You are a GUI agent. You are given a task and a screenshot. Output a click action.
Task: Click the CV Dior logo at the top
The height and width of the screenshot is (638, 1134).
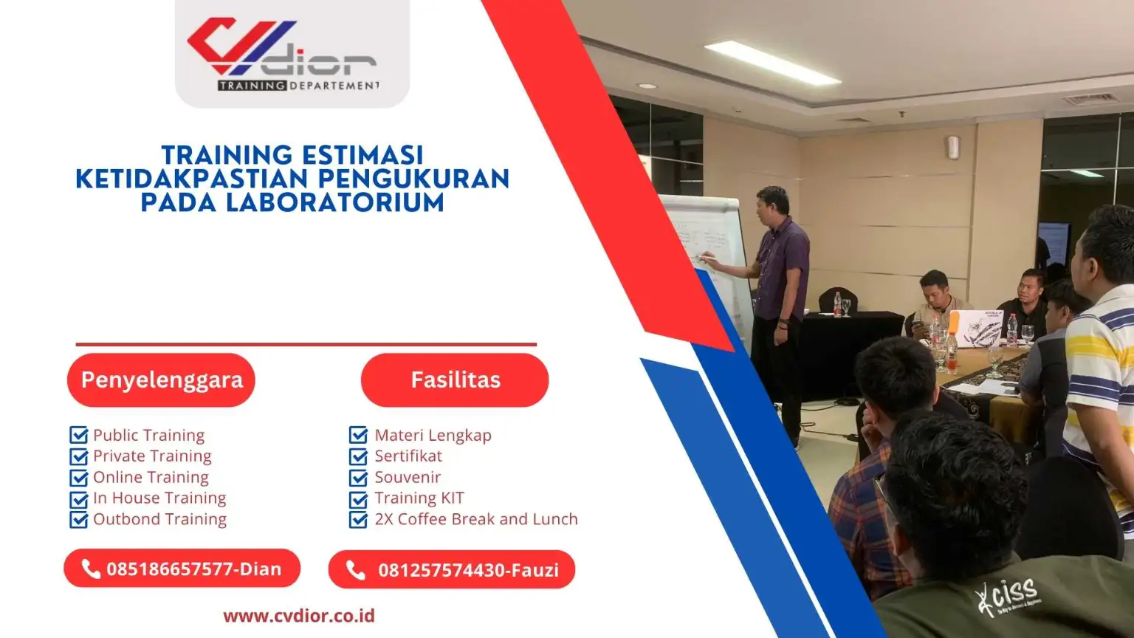click(x=291, y=54)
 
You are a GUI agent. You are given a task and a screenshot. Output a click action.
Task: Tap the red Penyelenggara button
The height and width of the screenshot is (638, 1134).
click(x=161, y=380)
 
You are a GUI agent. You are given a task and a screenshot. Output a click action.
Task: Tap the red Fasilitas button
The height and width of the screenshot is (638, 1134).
click(x=455, y=380)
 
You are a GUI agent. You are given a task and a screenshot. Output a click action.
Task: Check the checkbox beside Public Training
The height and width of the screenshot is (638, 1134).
click(x=79, y=436)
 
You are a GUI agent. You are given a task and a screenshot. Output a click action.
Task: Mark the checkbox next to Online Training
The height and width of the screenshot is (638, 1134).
click(x=79, y=478)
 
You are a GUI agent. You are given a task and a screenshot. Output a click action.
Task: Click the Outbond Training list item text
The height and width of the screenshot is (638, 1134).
click(x=159, y=519)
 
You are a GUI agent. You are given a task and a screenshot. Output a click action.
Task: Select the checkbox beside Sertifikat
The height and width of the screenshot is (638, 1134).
click(x=359, y=456)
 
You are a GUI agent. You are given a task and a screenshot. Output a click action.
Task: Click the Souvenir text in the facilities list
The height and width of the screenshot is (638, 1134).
click(x=408, y=477)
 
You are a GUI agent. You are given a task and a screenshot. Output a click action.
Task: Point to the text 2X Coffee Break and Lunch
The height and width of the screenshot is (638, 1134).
click(x=475, y=519)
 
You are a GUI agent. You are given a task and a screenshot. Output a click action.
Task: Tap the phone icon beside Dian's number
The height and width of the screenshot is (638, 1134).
click(x=91, y=569)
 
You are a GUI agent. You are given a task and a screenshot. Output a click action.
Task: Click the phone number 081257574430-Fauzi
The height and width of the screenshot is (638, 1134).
click(x=468, y=570)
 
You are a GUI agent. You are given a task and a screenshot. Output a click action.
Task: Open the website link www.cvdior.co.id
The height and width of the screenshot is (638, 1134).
click(x=299, y=616)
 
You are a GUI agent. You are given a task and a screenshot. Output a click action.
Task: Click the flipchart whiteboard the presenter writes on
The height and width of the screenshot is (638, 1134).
click(x=709, y=244)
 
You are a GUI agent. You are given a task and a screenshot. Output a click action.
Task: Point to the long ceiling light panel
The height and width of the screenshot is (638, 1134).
click(x=772, y=63)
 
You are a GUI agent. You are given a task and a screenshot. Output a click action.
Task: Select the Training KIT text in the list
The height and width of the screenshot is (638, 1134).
click(x=419, y=498)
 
